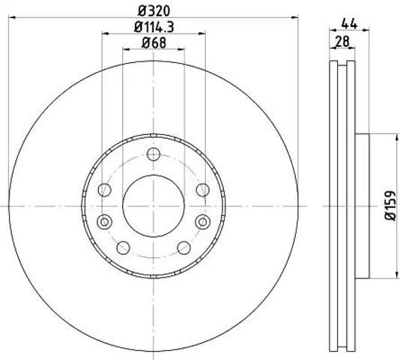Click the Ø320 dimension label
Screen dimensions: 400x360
point(154,11)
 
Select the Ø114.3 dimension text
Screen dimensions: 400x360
point(154,27)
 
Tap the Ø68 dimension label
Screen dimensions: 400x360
point(154,43)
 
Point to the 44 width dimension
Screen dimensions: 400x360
point(349,24)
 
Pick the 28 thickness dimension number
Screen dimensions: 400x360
point(342,41)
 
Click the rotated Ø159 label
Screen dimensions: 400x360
point(390,205)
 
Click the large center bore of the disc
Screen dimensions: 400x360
point(154,206)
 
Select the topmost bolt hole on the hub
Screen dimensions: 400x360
point(154,154)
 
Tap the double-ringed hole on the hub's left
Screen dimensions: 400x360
point(104,222)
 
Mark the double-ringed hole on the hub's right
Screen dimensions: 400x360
point(203,222)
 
